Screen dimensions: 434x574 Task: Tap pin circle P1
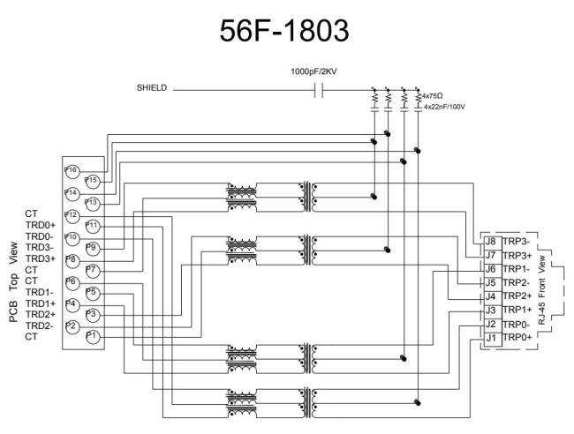tap(93, 336)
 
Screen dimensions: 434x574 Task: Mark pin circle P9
tap(93, 247)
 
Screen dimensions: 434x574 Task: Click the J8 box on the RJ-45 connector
tap(491, 241)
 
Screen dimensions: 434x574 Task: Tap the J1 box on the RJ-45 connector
tap(491, 338)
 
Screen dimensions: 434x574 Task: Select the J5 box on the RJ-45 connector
tap(491, 282)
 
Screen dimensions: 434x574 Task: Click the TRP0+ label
tap(517, 338)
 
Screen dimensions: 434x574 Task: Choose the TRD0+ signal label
tap(40, 226)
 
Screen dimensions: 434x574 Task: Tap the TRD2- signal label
tap(40, 325)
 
